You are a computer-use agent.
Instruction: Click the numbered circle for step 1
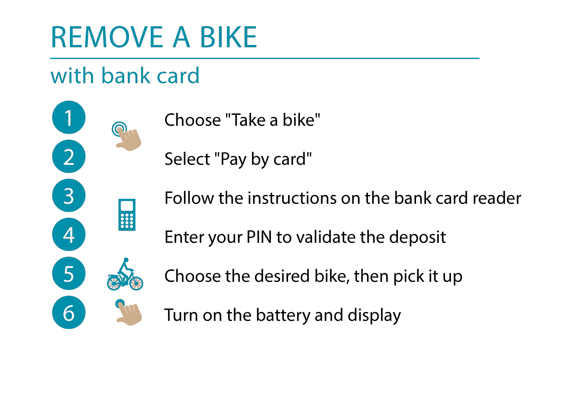point(69,117)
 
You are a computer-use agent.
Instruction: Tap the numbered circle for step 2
point(69,156)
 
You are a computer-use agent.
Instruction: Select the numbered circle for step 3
point(69,195)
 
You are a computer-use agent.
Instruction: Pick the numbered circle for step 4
point(69,234)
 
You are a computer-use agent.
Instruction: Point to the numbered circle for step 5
point(69,273)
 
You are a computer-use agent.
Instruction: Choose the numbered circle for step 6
point(69,312)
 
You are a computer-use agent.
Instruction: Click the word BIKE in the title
point(228,37)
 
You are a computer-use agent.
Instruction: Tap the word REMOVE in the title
point(107,37)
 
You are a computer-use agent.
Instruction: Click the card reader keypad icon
point(127,215)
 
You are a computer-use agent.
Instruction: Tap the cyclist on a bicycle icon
point(125,274)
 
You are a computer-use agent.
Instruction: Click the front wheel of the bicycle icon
point(136,283)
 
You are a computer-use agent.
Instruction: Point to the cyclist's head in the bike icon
point(126,260)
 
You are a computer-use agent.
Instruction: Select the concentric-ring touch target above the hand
point(119,129)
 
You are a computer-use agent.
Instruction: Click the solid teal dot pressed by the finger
point(120,303)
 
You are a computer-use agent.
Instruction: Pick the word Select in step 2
point(188,159)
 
